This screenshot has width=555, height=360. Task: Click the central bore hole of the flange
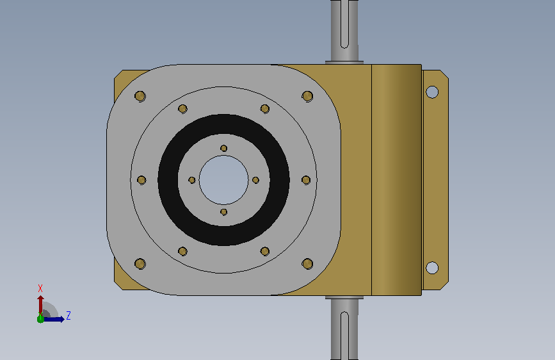223,180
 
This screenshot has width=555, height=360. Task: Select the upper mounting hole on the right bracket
432,92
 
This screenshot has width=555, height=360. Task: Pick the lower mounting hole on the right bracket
432,268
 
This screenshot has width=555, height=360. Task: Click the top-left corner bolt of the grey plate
140,96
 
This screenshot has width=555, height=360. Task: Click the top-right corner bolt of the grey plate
307,96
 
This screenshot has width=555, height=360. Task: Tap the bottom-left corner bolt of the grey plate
140,264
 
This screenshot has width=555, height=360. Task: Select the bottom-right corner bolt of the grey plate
307,264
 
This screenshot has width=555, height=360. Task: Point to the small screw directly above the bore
223,148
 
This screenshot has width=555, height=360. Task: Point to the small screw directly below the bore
223,212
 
